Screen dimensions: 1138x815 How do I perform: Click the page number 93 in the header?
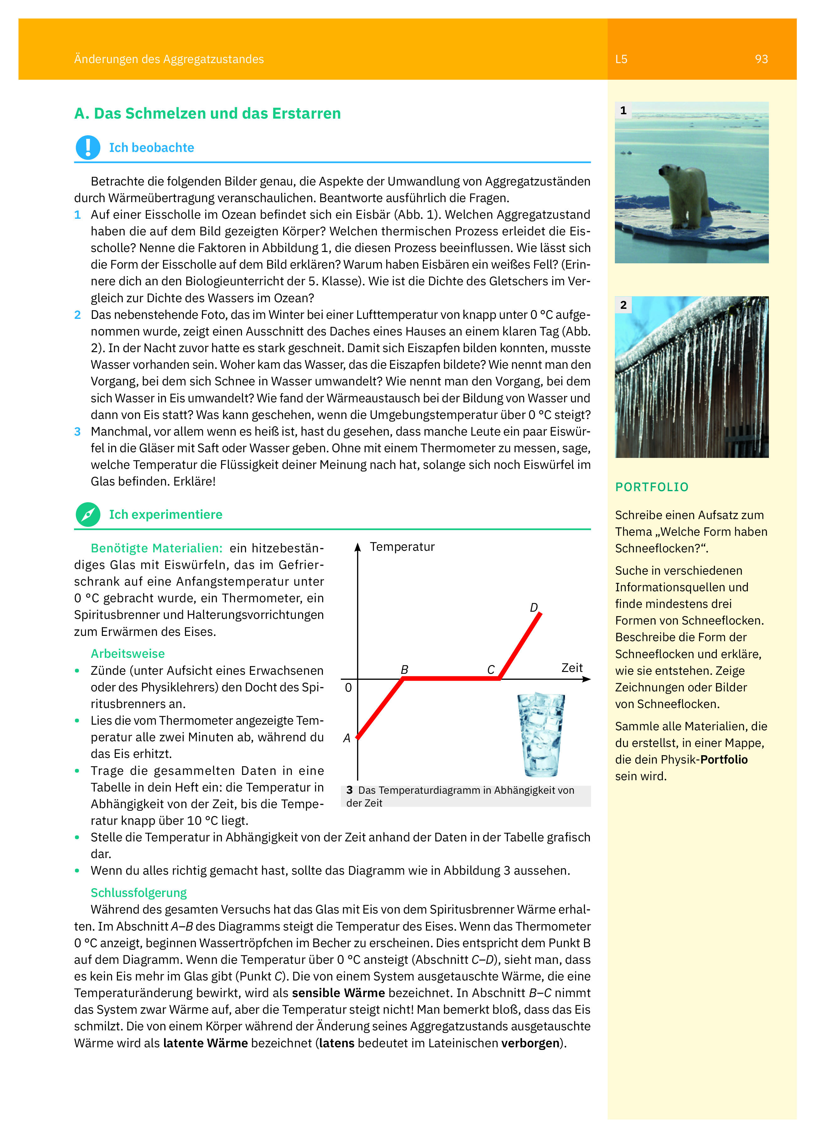coord(761,59)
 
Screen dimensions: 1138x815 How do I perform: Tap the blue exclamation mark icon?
coord(88,148)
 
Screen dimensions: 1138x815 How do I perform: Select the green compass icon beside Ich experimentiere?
coord(88,514)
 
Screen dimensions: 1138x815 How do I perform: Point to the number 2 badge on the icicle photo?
coord(623,304)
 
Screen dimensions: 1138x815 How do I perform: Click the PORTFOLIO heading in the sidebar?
coord(652,487)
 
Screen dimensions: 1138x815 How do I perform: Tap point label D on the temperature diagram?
coord(534,608)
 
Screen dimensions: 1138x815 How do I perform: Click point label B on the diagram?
coord(404,669)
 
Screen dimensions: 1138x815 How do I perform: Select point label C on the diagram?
coord(491,669)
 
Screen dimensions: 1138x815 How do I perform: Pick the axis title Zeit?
coord(572,668)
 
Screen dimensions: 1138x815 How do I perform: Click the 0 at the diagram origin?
coord(348,687)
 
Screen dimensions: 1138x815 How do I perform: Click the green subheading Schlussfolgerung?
coord(138,893)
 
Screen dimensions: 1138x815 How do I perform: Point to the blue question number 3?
coord(77,432)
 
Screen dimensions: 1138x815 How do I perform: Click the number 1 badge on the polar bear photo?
coord(623,110)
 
